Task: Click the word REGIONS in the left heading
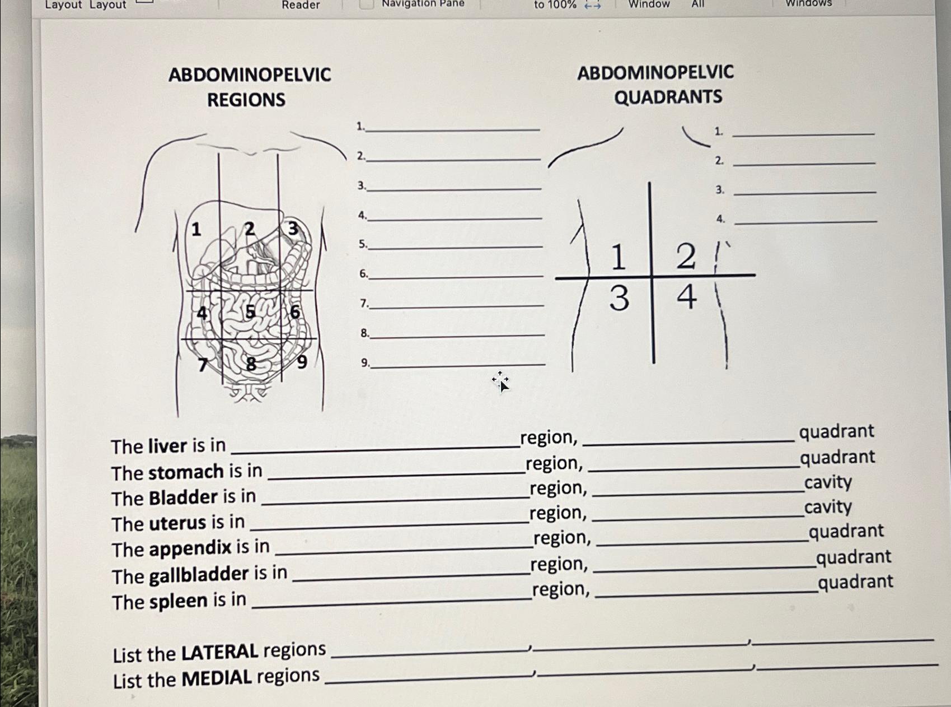pyautogui.click(x=246, y=100)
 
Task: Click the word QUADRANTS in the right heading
pyautogui.click(x=668, y=97)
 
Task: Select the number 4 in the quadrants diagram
pyautogui.click(x=687, y=297)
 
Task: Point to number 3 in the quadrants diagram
pyautogui.click(x=619, y=298)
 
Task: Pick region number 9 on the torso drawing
pyautogui.click(x=302, y=362)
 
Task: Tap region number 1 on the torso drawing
pyautogui.click(x=196, y=229)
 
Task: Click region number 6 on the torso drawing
pyautogui.click(x=295, y=312)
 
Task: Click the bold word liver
pyautogui.click(x=167, y=446)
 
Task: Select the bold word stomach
pyautogui.click(x=186, y=472)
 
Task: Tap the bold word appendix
pyautogui.click(x=190, y=548)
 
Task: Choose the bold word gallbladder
pyautogui.click(x=199, y=575)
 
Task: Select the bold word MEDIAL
pyautogui.click(x=217, y=678)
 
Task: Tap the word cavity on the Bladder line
pyautogui.click(x=828, y=482)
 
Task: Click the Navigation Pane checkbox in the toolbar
pyautogui.click(x=366, y=4)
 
